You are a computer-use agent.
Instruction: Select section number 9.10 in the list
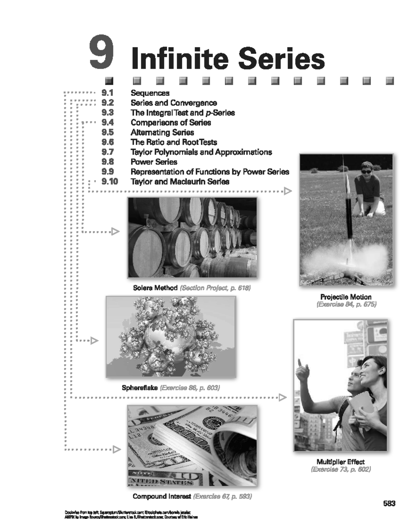pos(110,182)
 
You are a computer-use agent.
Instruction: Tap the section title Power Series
pos(154,162)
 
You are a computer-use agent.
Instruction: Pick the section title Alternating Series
pos(162,132)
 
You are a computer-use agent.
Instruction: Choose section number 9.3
pos(108,113)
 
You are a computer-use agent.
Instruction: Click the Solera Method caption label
pos(155,288)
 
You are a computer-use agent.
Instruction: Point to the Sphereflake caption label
pos(140,388)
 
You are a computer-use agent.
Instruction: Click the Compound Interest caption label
pos(162,496)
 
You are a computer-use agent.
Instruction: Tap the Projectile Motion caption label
pos(346,297)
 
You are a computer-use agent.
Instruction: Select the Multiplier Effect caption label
pos(341,462)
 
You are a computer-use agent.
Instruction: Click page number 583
pos(389,504)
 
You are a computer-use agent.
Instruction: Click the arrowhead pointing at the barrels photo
pos(115,231)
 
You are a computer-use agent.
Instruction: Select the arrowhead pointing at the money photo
pos(117,449)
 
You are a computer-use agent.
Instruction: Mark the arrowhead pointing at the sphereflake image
pos(95,341)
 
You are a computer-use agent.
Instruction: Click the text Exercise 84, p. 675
pos(346,304)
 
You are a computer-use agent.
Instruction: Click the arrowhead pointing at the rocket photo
pos(288,191)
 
